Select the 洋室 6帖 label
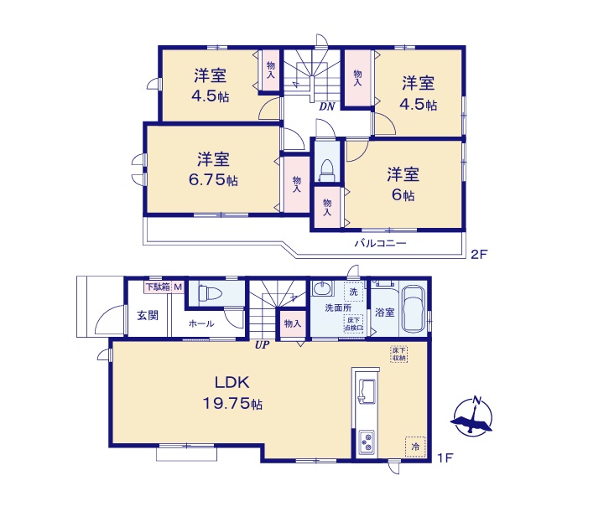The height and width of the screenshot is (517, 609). (x=403, y=184)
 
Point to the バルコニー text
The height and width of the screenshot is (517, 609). (x=379, y=243)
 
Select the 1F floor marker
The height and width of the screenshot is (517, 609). (x=445, y=458)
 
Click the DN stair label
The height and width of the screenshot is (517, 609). (x=327, y=106)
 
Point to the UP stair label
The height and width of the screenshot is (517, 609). (x=263, y=344)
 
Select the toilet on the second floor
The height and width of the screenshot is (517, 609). (x=325, y=167)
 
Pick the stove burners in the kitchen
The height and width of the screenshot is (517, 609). (x=367, y=442)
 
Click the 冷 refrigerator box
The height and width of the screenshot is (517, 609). (x=414, y=447)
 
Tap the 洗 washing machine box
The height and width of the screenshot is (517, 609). (x=354, y=292)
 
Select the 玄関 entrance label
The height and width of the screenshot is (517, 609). (x=148, y=315)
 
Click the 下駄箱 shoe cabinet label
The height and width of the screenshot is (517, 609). (x=157, y=287)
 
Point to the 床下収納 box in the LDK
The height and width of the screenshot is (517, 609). (x=398, y=354)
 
